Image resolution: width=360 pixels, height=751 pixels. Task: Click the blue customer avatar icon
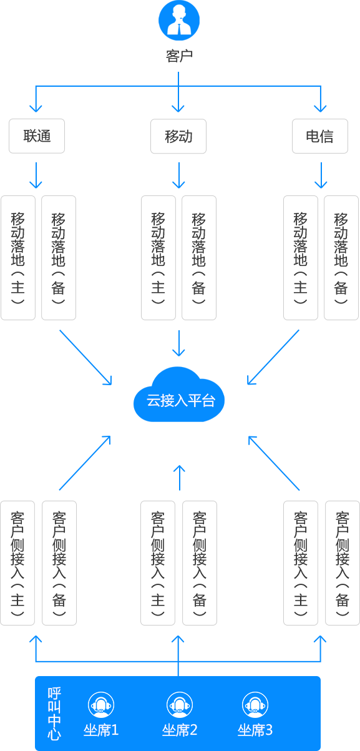click(x=179, y=20)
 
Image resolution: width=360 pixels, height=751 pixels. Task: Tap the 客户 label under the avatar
click(x=179, y=56)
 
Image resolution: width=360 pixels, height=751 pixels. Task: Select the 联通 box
click(x=37, y=136)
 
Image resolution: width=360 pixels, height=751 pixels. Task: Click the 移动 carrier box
click(x=178, y=136)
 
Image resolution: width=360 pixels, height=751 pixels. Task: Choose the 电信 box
click(x=320, y=136)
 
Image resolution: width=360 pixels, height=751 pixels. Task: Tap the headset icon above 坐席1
click(x=101, y=704)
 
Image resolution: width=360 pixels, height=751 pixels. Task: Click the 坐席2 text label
click(x=180, y=730)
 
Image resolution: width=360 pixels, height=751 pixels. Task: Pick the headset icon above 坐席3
click(x=255, y=704)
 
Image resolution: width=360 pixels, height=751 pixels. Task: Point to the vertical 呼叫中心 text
click(x=54, y=713)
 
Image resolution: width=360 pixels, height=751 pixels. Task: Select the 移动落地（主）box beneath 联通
click(x=18, y=258)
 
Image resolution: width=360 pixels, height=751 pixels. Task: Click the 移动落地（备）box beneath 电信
click(x=341, y=258)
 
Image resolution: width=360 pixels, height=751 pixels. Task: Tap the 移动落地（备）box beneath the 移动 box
click(x=199, y=258)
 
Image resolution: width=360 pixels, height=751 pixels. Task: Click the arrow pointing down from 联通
click(x=36, y=175)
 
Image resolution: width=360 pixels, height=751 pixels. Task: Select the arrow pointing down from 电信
click(x=321, y=175)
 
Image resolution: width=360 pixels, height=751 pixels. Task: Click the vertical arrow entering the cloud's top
click(x=178, y=343)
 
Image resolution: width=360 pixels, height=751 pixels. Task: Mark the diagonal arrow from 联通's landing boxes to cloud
click(x=85, y=357)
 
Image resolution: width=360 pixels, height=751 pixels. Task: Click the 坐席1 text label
click(x=101, y=730)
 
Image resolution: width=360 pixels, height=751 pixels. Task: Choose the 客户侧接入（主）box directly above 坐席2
click(x=158, y=563)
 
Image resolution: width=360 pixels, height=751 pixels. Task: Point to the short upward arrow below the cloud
click(x=179, y=478)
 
